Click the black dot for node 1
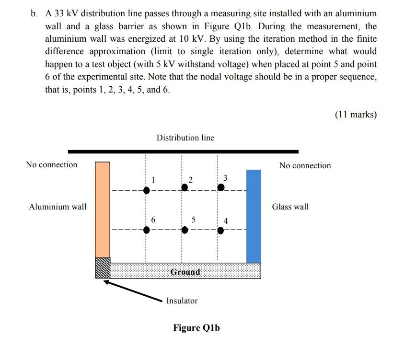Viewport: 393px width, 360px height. (147, 190)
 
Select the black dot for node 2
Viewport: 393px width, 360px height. (185, 187)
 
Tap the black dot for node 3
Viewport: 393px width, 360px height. (221, 187)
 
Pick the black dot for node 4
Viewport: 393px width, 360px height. (220, 231)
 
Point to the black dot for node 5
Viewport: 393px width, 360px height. (185, 230)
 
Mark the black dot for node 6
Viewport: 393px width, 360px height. (147, 230)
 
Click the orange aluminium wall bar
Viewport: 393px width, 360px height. (103, 209)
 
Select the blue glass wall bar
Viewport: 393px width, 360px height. (254, 216)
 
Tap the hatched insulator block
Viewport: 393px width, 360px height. (103, 268)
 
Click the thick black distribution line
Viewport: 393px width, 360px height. (183, 151)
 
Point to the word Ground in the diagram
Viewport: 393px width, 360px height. (185, 272)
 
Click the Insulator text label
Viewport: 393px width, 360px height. (182, 301)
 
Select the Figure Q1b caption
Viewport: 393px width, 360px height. (196, 328)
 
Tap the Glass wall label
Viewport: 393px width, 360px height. (290, 207)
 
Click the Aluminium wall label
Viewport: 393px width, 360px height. (58, 207)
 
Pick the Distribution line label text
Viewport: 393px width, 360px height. (185, 138)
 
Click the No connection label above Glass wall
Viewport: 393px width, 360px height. (305, 165)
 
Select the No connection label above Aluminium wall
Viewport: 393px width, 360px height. (52, 164)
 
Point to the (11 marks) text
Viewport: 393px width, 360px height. (356, 114)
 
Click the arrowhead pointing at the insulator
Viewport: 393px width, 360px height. (106, 282)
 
